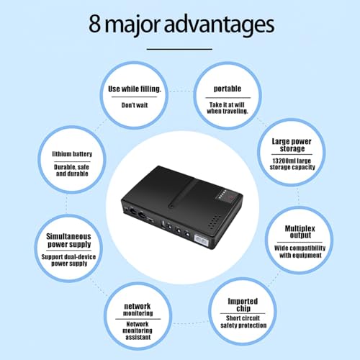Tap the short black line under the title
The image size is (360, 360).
180,48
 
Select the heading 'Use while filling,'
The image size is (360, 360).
135,89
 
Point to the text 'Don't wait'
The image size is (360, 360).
135,106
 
